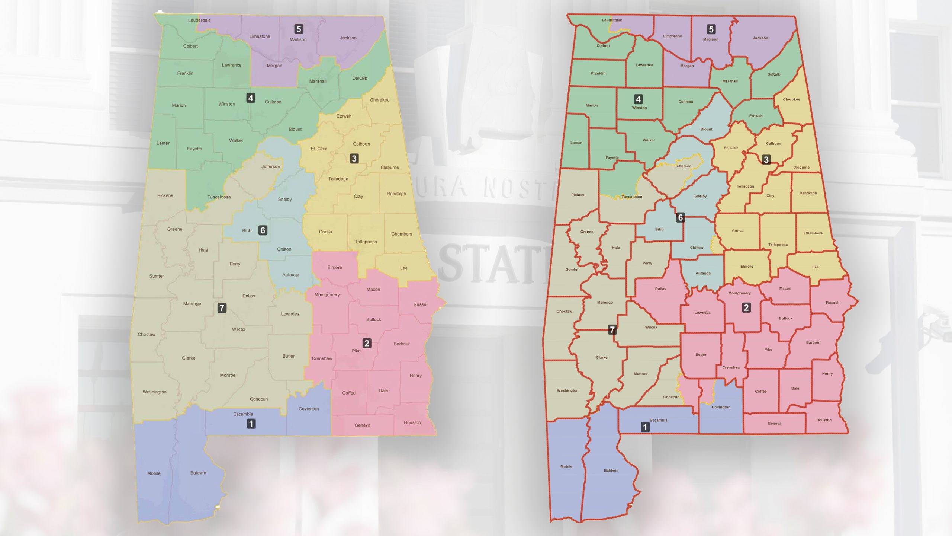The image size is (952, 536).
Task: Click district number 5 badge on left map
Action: tap(299, 29)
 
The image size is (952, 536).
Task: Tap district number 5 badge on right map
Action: tap(711, 29)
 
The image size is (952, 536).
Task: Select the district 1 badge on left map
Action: tap(251, 424)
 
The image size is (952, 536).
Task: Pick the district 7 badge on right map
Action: tap(612, 329)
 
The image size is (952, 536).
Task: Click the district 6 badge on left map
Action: tap(263, 230)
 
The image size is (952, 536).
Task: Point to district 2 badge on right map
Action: tap(746, 308)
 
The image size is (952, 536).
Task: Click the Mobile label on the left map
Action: tap(154, 473)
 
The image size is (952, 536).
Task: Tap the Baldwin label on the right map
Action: tap(611, 470)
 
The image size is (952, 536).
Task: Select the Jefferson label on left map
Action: tap(270, 167)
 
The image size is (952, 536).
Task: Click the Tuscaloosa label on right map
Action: tap(631, 197)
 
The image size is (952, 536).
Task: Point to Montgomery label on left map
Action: tap(327, 295)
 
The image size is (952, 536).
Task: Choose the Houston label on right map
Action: tap(824, 420)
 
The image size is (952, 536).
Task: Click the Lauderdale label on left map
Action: tap(199, 20)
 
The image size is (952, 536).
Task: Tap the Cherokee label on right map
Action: tap(791, 99)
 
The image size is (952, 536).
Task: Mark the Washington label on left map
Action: tap(154, 392)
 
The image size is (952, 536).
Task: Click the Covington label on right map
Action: tap(721, 407)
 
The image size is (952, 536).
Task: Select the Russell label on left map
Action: tap(421, 304)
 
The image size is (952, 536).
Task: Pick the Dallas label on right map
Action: tap(660, 289)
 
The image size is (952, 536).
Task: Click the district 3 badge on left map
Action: tap(354, 159)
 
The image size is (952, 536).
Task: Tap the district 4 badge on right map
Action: tap(638, 99)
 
